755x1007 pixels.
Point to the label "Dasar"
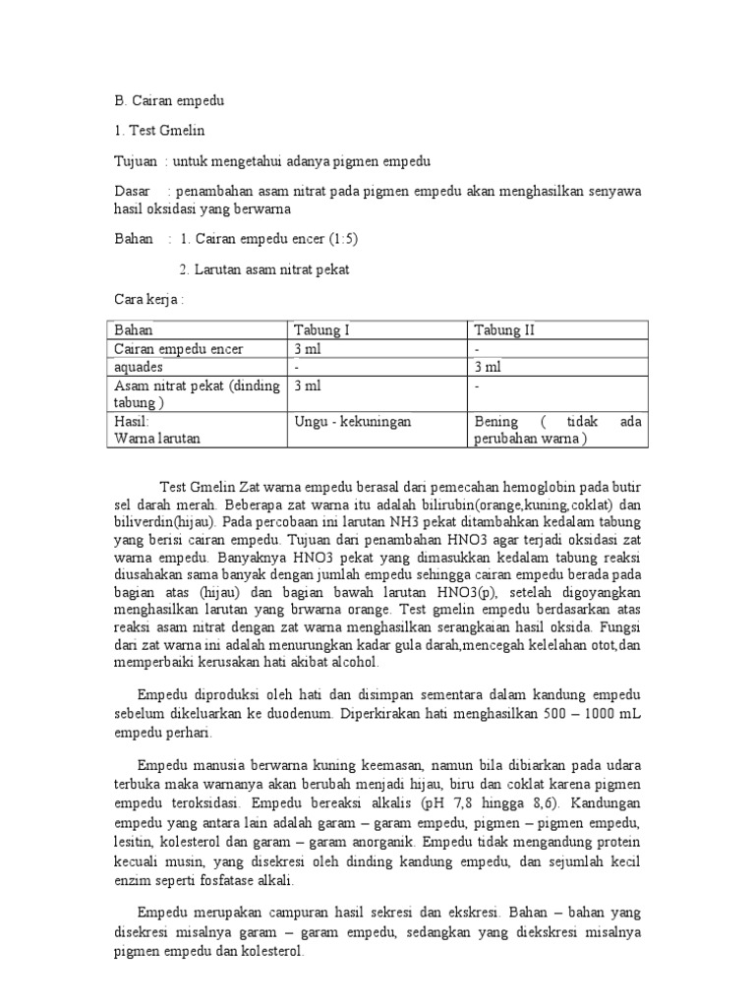point(133,190)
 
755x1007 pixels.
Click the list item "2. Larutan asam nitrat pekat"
point(264,268)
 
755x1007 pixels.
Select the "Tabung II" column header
point(503,330)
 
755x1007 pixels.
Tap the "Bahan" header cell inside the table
point(135,330)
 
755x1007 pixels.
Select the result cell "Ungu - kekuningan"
point(353,421)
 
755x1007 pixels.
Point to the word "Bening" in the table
point(496,421)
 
